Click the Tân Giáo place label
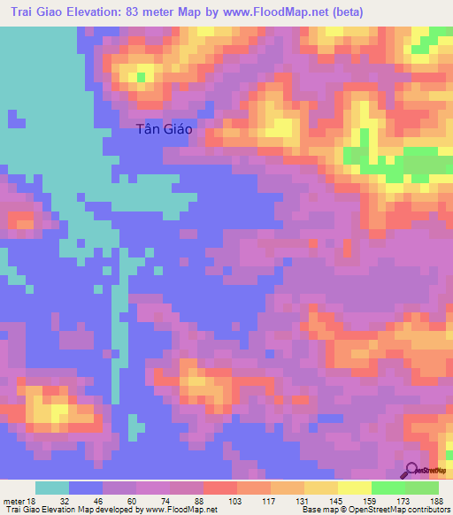tap(165, 128)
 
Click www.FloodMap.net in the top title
tap(266, 12)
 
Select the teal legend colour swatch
tap(52, 488)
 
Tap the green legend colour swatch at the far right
tap(422, 488)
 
